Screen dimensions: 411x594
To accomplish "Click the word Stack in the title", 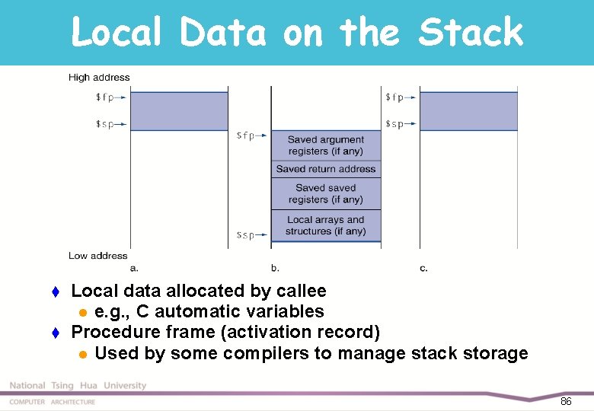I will pos(471,33).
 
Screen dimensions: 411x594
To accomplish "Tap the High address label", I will pos(99,77).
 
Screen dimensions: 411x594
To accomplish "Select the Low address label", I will pos(97,256).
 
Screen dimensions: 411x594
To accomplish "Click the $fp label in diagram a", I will pos(106,97).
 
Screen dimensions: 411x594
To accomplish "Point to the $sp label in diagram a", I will pos(105,124).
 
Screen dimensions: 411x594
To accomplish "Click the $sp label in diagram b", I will pos(245,235).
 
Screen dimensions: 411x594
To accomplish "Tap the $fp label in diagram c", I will pos(394,97).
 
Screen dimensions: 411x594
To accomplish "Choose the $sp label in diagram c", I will pos(394,124).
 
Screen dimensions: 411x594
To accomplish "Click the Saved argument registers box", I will pos(326,145).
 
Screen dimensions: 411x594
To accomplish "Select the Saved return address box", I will pos(326,169).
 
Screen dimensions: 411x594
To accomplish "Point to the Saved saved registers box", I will pos(326,193).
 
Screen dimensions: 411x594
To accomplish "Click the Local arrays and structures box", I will pos(326,225).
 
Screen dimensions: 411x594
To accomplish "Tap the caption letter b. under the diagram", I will pos(275,268).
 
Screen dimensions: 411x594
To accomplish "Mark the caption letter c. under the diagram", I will pos(423,268).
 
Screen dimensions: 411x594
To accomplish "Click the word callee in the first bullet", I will pos(299,291).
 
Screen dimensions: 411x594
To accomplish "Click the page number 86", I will pos(566,401).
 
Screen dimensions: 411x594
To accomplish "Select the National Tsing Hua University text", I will pos(78,386).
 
